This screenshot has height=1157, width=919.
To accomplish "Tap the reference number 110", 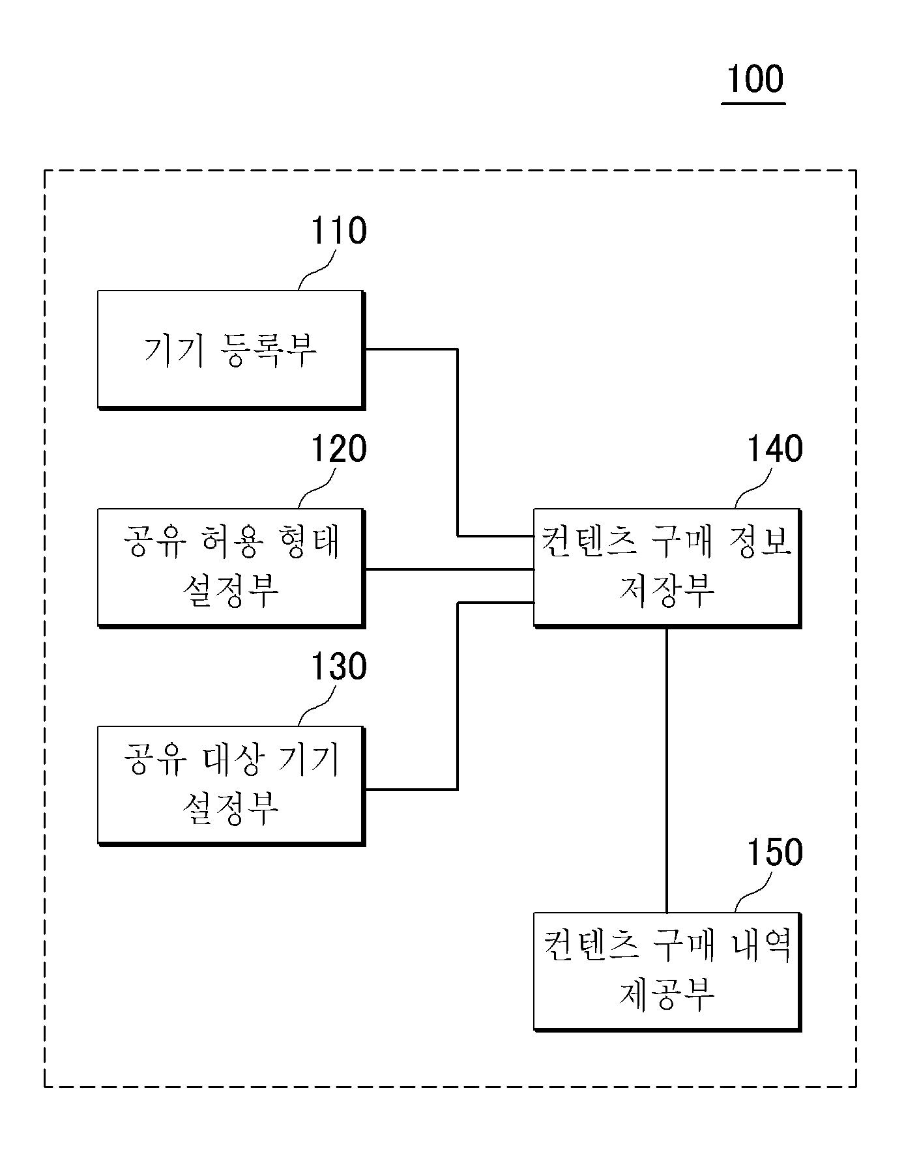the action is tap(338, 231).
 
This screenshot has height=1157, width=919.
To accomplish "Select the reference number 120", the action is tap(338, 449).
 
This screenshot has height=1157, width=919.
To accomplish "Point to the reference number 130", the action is tap(338, 666).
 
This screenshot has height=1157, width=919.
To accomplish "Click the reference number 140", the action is tap(774, 449).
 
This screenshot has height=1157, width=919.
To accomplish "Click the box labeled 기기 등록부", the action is tap(231, 350).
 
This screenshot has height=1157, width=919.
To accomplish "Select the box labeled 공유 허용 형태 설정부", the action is tap(231, 568).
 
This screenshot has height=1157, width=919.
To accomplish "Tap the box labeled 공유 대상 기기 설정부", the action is tap(231, 786).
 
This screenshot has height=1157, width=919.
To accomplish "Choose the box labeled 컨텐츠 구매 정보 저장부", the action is tap(667, 568).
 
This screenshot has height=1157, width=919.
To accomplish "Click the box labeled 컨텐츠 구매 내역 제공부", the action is tap(667, 972).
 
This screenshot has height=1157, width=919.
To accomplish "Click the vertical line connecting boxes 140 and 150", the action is tap(666, 770).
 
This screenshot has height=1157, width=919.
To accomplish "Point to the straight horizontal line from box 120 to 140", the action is tap(450, 569).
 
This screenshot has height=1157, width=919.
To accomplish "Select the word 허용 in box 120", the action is tap(231, 542).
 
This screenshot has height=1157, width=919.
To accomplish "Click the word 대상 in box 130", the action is tap(231, 760).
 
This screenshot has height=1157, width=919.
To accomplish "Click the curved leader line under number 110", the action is tap(317, 270).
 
